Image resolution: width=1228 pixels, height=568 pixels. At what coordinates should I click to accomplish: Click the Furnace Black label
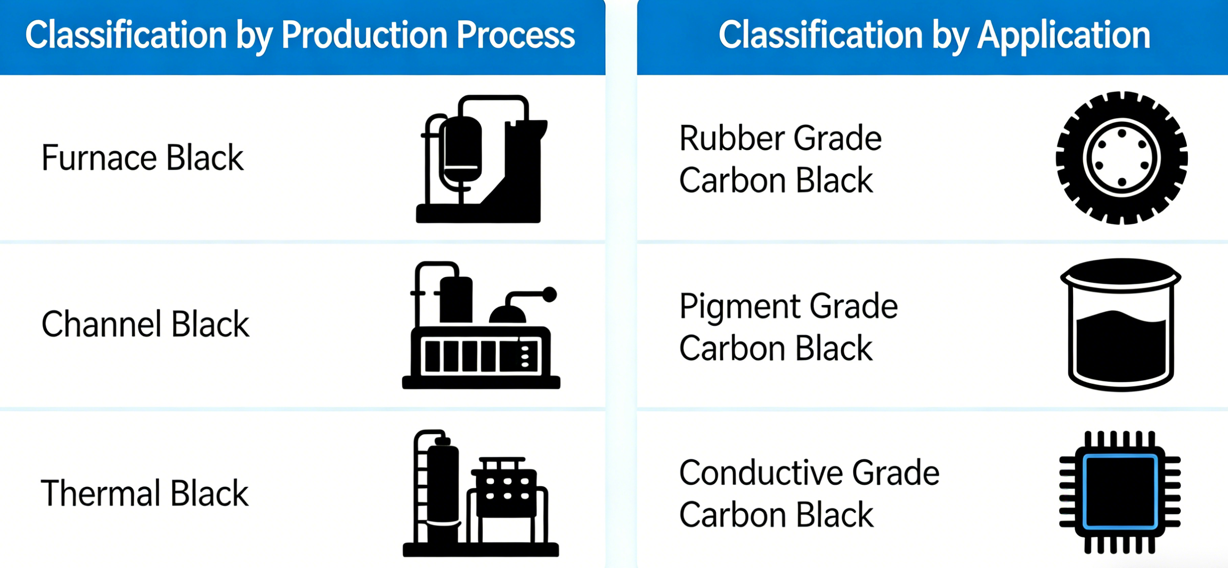click(x=142, y=158)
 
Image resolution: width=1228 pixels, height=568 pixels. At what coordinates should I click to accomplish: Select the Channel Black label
click(x=145, y=324)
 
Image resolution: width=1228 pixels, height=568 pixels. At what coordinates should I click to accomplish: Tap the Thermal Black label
click(x=145, y=493)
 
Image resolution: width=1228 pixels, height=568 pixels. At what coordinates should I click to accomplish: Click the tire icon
click(x=1121, y=158)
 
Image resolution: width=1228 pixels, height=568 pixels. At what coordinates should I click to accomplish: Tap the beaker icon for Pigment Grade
click(x=1120, y=325)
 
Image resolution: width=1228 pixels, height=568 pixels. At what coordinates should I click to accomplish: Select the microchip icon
click(x=1120, y=492)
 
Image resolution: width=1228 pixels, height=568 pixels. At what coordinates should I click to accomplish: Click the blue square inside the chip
click(x=1120, y=492)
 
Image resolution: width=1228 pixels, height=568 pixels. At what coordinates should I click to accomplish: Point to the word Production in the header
click(x=364, y=35)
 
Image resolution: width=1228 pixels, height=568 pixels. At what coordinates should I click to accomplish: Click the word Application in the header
click(x=1064, y=36)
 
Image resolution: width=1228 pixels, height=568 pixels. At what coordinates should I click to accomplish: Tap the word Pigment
click(x=740, y=308)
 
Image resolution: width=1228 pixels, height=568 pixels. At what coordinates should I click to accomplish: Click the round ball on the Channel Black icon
click(x=549, y=294)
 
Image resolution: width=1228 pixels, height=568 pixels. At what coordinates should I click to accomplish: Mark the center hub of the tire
click(x=1121, y=158)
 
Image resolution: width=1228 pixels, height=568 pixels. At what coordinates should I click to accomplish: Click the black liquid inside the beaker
click(x=1120, y=350)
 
